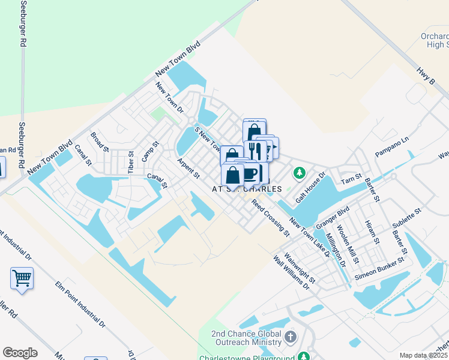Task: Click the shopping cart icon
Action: (x=22, y=278)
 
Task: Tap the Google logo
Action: (x=20, y=353)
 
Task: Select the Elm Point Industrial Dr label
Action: (x=80, y=305)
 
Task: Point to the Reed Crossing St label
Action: (x=270, y=217)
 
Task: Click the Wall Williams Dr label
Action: (x=291, y=274)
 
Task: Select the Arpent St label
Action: (x=188, y=168)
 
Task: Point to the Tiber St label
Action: (x=131, y=162)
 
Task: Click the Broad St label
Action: (x=100, y=142)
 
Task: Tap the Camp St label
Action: (x=150, y=152)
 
